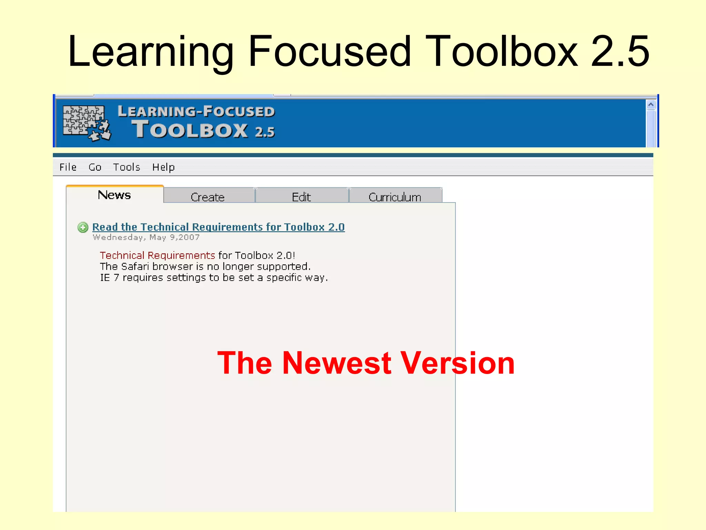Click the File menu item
pyautogui.click(x=68, y=167)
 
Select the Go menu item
pyautogui.click(x=95, y=167)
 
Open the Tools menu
pyautogui.click(x=127, y=167)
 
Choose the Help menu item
pyautogui.click(x=163, y=167)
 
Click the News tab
pyautogui.click(x=114, y=195)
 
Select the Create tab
pyautogui.click(x=208, y=197)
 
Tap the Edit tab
pyautogui.click(x=301, y=197)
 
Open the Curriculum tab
pyautogui.click(x=395, y=197)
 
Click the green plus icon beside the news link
pyautogui.click(x=83, y=227)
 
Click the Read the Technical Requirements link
pyautogui.click(x=219, y=227)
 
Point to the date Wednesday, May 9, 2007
pyautogui.click(x=146, y=237)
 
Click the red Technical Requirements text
pyautogui.click(x=157, y=255)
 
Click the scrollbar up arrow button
pyautogui.click(x=650, y=105)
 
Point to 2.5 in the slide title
pyautogui.click(x=620, y=52)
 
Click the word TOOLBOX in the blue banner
pyautogui.click(x=190, y=130)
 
